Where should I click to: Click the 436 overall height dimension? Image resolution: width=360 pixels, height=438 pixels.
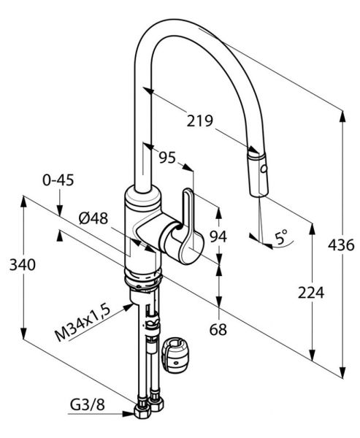click(x=341, y=245)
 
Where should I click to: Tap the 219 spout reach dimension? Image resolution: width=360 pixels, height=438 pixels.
click(x=200, y=120)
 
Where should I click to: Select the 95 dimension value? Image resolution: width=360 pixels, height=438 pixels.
click(x=167, y=158)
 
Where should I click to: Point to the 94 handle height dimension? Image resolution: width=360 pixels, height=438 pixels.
click(x=218, y=237)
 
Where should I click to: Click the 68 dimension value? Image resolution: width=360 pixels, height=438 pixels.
click(x=218, y=329)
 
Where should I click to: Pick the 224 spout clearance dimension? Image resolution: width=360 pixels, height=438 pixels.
click(x=311, y=293)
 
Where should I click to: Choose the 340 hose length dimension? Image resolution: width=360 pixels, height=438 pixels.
click(x=23, y=264)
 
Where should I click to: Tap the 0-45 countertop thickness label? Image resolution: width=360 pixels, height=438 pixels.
click(x=58, y=180)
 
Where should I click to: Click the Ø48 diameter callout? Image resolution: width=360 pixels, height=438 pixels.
click(x=93, y=218)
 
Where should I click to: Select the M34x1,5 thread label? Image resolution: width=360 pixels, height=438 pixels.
click(x=83, y=323)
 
